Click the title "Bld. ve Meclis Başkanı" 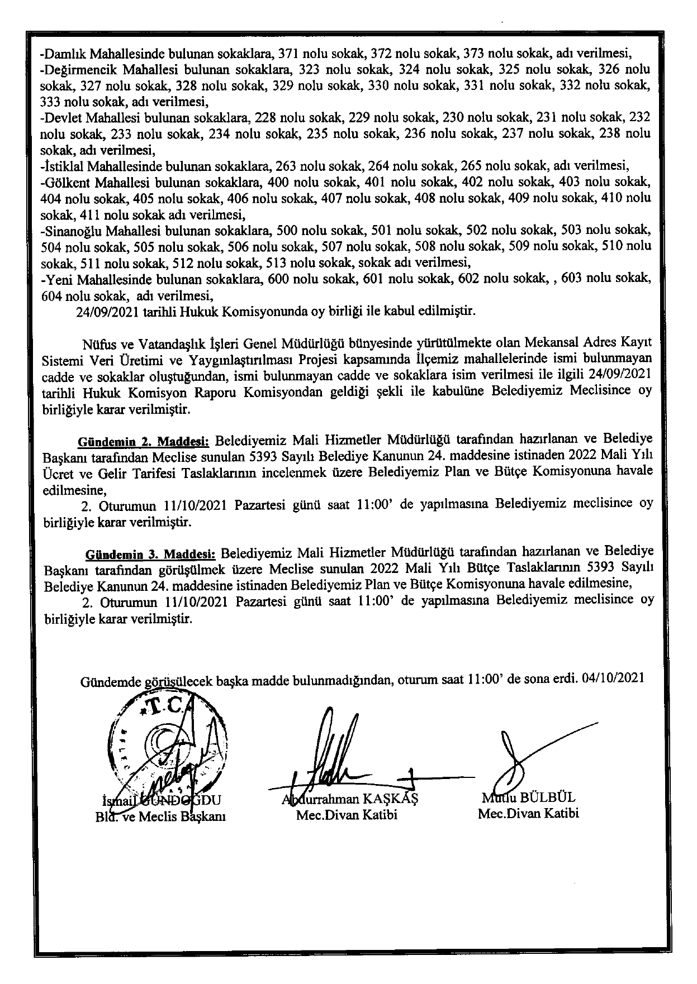[160, 816]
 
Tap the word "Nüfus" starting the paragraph [96, 342]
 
